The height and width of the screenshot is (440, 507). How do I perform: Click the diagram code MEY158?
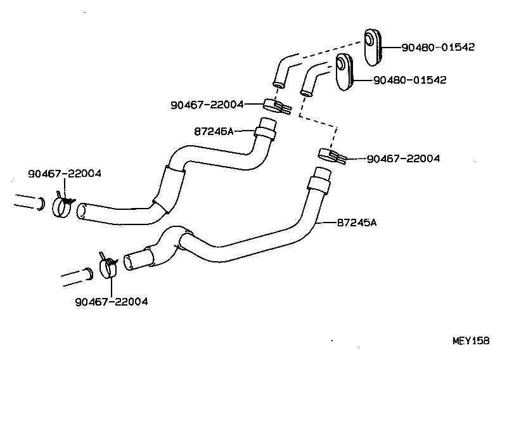click(x=470, y=340)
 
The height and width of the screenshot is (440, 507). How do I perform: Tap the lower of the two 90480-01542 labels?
click(x=410, y=80)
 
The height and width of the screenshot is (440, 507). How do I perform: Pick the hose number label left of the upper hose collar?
click(x=214, y=131)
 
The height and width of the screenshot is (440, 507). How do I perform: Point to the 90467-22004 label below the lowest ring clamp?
click(x=111, y=302)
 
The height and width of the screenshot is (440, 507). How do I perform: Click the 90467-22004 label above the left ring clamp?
click(x=65, y=173)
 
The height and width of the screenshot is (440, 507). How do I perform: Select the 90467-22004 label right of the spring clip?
click(x=403, y=159)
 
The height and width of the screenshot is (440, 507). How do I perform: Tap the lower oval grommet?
click(x=344, y=73)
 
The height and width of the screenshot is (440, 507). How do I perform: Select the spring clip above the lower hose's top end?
click(x=331, y=155)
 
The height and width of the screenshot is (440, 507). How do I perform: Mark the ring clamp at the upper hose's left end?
click(x=63, y=205)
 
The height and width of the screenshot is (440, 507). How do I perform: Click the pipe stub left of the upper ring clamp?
click(x=28, y=202)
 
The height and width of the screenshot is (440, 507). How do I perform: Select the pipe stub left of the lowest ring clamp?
click(x=77, y=276)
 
